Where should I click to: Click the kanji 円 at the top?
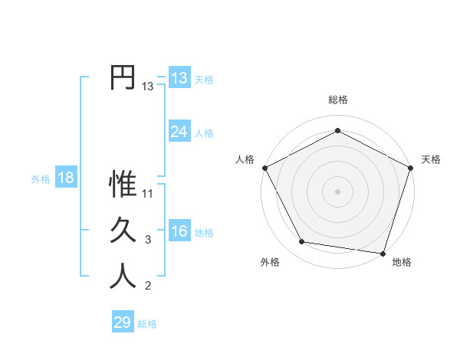coord(123,77)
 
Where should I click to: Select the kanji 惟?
coord(123,184)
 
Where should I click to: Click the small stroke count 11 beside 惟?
coord(149,193)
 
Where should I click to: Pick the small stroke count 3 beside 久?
coord(148,240)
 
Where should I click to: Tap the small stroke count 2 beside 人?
coord(148,286)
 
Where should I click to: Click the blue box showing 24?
coord(179,132)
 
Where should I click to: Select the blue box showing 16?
coord(179,231)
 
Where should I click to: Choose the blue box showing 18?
coord(66,178)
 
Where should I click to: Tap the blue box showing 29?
coord(123,322)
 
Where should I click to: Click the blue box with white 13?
coord(179,78)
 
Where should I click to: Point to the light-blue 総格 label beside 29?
coord(147,324)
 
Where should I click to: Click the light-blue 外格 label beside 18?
coord(41,179)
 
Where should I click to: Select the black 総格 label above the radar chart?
coord(337,100)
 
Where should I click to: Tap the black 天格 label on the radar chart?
coord(431,159)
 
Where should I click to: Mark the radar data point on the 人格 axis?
coord(264,167)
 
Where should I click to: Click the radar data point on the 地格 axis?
coord(383,253)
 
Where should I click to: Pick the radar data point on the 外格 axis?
coord(302,242)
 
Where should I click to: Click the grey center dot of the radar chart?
coord(337,191)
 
